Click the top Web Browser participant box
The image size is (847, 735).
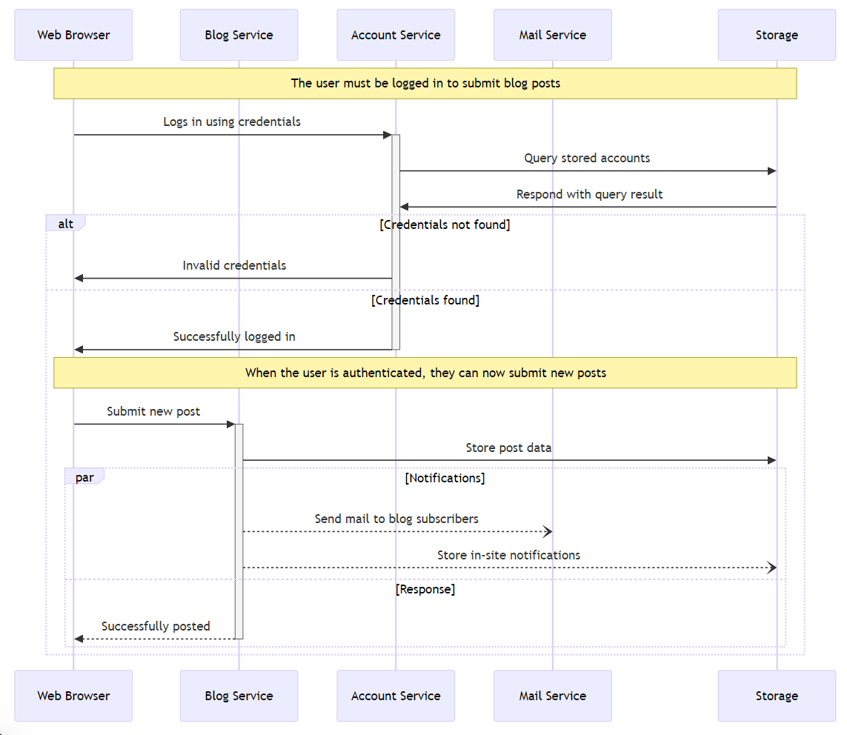73,35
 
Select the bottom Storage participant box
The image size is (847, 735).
776,696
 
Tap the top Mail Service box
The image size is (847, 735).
552,35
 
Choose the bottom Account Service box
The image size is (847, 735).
396,696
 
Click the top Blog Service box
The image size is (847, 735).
239,35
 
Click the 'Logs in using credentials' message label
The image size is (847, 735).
232,122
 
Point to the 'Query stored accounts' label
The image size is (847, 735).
587,158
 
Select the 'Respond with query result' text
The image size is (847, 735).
589,194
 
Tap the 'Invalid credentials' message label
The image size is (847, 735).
234,265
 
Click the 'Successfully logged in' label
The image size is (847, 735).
234,336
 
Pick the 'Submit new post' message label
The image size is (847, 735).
153,411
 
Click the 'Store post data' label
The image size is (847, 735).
508,448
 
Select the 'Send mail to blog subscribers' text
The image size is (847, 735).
396,519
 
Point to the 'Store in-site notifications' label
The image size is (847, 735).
508,555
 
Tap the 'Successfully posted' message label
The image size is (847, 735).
156,626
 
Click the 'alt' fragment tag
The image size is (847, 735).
66,223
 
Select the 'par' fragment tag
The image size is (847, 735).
84,477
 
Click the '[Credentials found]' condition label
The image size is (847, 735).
425,300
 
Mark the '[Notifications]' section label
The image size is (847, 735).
445,478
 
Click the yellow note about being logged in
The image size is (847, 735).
425,83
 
